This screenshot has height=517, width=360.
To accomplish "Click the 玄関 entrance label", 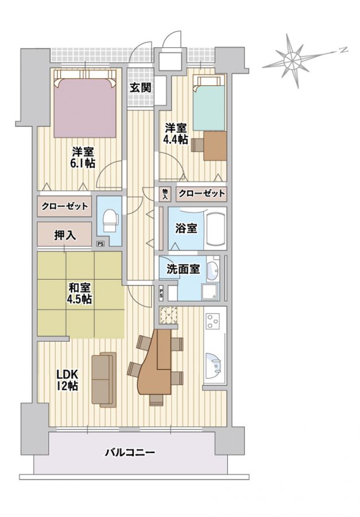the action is point(141,87).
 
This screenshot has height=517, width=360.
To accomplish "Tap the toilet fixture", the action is point(110,221).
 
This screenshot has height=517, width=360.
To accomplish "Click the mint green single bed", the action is point(209,103).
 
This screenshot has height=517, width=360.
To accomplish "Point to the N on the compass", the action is point(343,50).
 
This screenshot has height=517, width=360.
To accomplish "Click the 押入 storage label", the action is point(65,235).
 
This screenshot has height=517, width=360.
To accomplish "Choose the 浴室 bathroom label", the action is point(186,228).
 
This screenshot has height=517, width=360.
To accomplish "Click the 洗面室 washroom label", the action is point(183,269).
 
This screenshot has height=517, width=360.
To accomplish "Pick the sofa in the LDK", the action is point(104,380).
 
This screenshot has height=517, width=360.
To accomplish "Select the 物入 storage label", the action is point(165,194).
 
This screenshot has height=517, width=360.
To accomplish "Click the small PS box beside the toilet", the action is point(100,244).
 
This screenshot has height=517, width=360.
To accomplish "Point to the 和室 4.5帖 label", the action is point(80,293).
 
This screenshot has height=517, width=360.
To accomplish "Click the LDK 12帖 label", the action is point(67,380).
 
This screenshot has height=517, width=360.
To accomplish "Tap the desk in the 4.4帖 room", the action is point(215,146).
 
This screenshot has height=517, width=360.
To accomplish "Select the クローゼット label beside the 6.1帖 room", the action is point(65,206).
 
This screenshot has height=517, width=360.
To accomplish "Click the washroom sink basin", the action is point(213,271).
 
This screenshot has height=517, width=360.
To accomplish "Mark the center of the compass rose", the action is point(292,60).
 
